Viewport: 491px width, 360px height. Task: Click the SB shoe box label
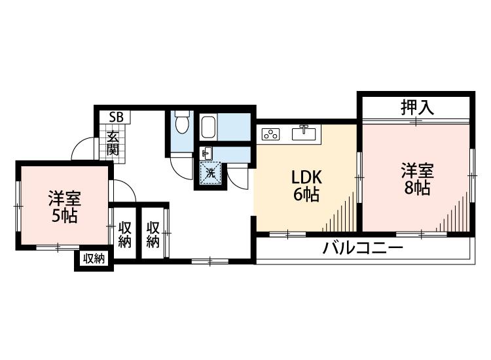pos(117,117)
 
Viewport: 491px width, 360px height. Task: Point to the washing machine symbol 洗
pos(211,173)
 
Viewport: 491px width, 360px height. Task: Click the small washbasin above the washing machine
pos(206,154)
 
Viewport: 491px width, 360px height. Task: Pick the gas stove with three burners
pos(270,134)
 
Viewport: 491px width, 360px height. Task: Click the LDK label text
pos(304,178)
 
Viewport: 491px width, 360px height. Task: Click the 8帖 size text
pos(417,189)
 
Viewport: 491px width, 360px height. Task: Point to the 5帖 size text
pos(64,215)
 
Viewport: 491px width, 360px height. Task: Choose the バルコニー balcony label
pos(363,249)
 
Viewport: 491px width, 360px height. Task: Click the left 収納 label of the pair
pos(124,234)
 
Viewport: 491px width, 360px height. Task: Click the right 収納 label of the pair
pos(153,234)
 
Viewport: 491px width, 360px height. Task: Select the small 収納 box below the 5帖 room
pos(94,259)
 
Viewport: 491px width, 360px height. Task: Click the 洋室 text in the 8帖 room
pos(417,171)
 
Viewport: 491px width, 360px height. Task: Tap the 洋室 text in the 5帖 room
pos(64,198)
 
